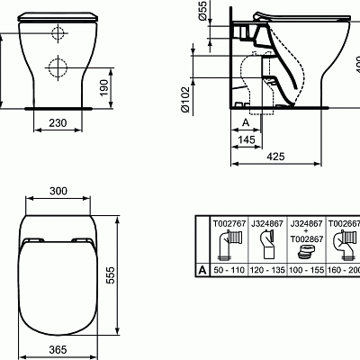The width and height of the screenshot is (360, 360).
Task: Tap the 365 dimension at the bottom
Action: coord(58,350)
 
